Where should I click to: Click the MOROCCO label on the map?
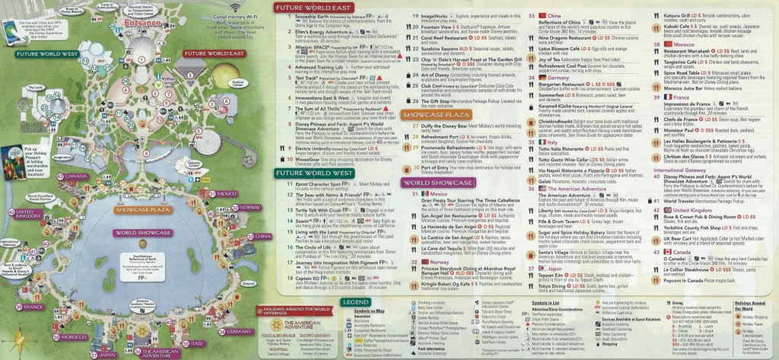coord(74,336)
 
